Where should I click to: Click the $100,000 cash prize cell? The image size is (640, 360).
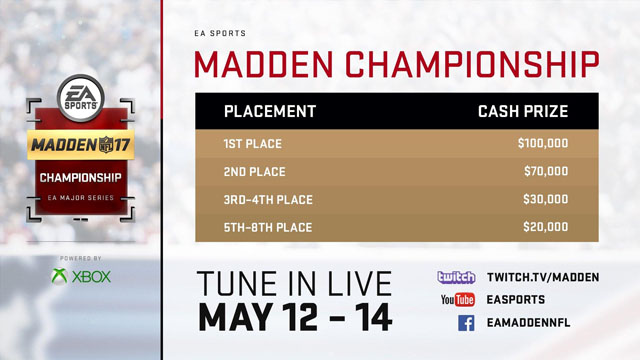point(543,144)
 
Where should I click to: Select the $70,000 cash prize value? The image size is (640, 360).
point(546,172)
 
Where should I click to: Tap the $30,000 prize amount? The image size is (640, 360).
point(546,200)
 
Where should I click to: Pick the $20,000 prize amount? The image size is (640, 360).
point(546,228)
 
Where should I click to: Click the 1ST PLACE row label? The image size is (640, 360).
point(252,144)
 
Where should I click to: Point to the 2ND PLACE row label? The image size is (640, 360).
point(254,172)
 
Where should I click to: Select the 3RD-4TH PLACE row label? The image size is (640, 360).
point(267,200)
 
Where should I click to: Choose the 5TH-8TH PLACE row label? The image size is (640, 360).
point(267,228)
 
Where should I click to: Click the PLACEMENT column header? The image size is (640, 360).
point(270,111)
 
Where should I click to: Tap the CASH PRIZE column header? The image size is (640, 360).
point(522,111)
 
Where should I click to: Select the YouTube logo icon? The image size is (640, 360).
point(456,299)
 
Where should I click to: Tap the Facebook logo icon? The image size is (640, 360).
point(466,323)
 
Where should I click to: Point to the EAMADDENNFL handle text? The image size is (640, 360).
point(534,323)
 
